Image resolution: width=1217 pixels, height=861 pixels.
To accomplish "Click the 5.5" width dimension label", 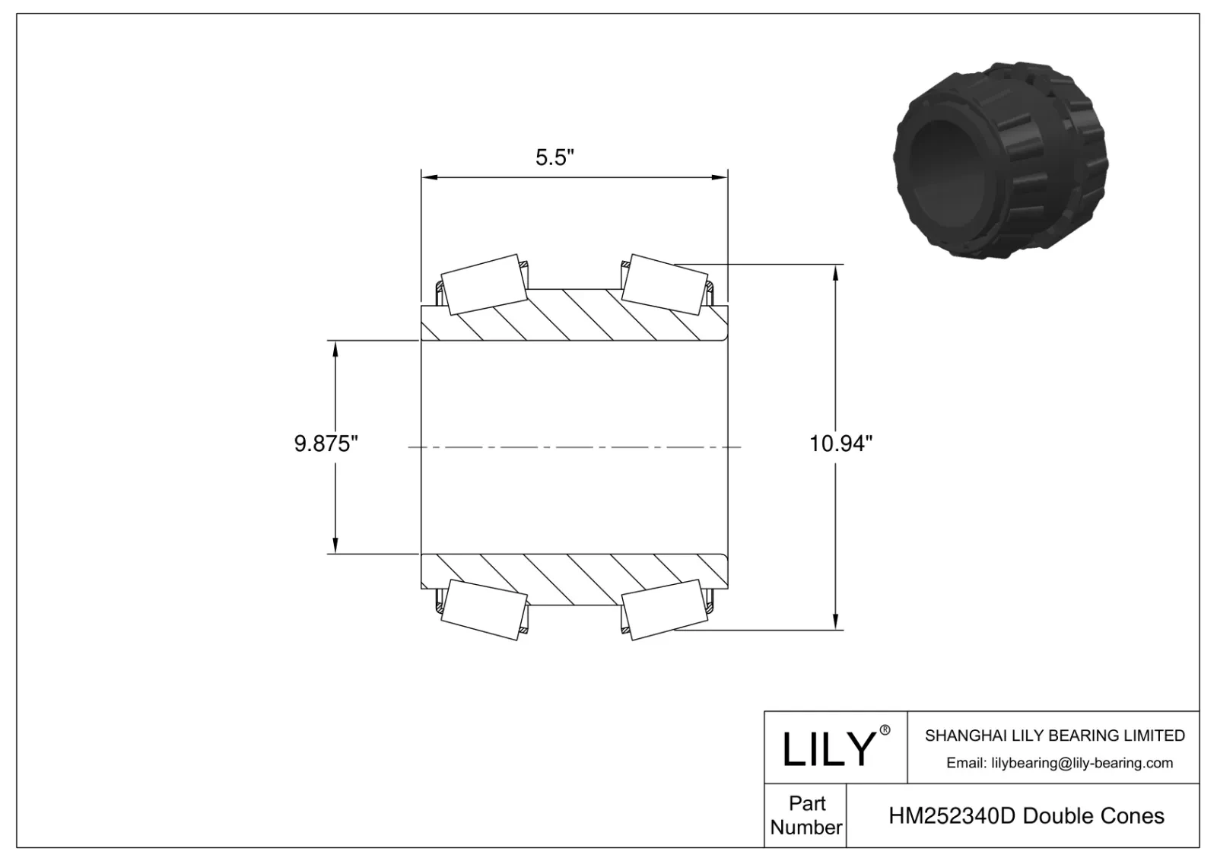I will [x=554, y=157].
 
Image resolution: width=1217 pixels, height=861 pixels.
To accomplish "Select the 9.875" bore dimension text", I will [x=326, y=443].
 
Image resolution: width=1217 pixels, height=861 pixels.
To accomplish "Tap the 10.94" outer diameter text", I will [x=840, y=443].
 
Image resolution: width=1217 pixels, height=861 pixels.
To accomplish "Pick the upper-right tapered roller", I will [x=662, y=284].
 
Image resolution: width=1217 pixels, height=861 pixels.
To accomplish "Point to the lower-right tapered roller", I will [x=662, y=610].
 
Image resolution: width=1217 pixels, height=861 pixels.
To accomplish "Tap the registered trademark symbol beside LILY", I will [x=885, y=730].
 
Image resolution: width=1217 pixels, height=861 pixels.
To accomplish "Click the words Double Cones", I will [x=1094, y=816].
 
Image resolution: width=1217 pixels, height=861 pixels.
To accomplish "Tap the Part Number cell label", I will [x=806, y=815].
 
